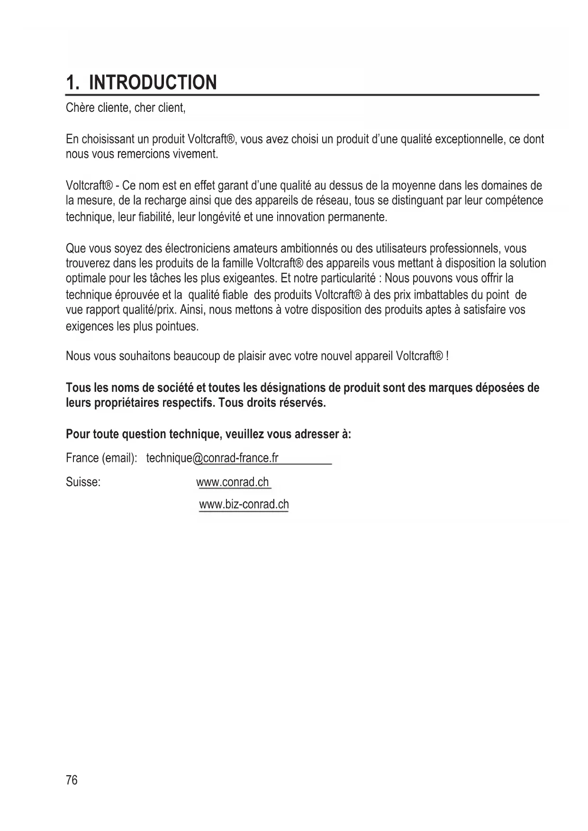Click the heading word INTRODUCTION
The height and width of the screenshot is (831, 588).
point(153,82)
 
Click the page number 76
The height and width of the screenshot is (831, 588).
point(72,780)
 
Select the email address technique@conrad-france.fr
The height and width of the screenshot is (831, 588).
point(212,458)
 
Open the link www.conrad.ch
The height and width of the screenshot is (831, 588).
point(234,482)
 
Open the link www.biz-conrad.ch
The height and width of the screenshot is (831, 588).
point(244,504)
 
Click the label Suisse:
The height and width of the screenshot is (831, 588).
point(83,482)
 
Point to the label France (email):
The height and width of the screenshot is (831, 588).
point(101,458)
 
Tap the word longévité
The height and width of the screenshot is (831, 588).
point(215,217)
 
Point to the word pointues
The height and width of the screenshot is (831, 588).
point(177,326)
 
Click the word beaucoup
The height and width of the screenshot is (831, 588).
point(196,355)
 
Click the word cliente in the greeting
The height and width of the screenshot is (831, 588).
point(114,108)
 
